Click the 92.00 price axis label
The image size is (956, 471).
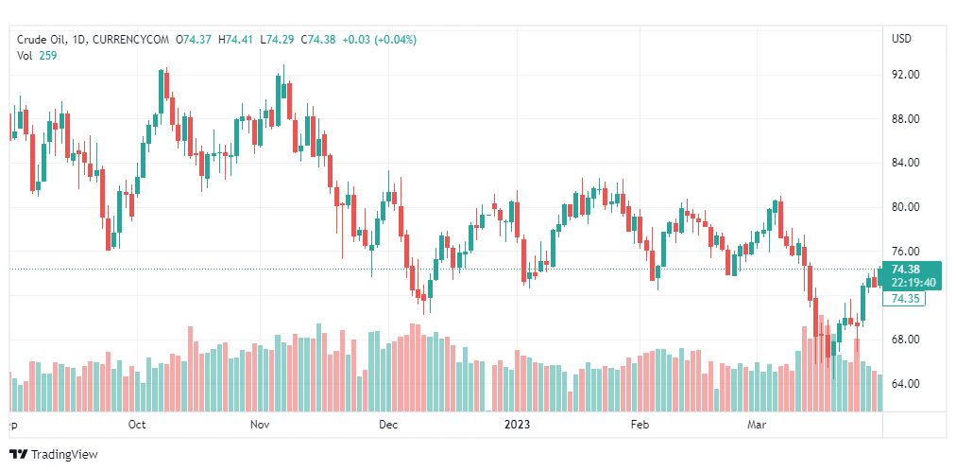(x=906, y=75)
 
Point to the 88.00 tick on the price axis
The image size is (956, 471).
(x=906, y=119)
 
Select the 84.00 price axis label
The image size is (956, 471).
(x=906, y=163)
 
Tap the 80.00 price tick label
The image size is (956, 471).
(x=906, y=207)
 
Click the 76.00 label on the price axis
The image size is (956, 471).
(x=906, y=252)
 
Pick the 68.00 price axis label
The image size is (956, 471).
(x=906, y=340)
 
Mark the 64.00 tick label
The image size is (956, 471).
(x=906, y=384)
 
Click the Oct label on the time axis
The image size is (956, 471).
(x=137, y=425)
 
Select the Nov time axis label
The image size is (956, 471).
(x=262, y=425)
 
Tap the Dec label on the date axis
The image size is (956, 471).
(x=388, y=425)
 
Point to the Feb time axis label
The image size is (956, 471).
(x=640, y=425)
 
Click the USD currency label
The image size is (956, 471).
(x=901, y=39)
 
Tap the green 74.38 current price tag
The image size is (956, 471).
(x=905, y=269)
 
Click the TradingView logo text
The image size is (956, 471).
(x=64, y=455)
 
